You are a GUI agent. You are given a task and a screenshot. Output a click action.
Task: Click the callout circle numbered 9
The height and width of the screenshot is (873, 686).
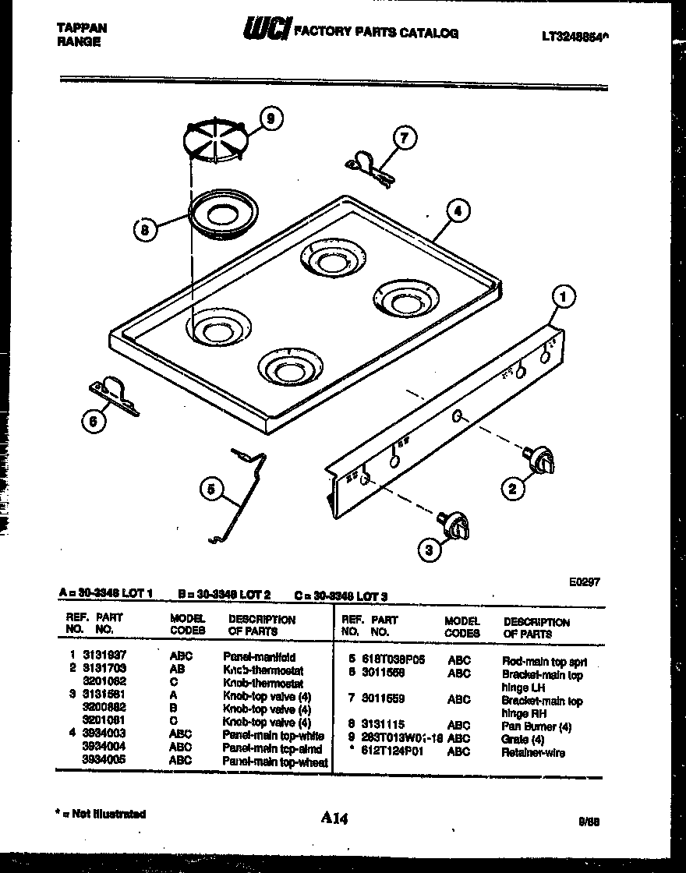coord(271,119)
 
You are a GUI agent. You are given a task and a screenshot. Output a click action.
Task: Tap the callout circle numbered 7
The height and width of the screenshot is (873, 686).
coord(404,139)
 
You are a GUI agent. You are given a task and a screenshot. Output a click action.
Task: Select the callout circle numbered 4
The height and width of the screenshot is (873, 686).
coord(458,210)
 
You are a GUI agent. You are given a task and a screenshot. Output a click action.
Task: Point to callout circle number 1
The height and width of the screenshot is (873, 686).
coord(563,296)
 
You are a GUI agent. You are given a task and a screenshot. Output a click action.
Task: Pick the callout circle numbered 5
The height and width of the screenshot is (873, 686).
coord(210,490)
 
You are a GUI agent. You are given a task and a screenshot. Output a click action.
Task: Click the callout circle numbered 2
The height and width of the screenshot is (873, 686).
coord(512,489)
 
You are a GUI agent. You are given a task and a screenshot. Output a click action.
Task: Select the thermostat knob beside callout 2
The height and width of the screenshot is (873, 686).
coord(539,459)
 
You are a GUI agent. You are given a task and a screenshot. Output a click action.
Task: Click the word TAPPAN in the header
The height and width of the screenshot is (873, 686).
coord(82,28)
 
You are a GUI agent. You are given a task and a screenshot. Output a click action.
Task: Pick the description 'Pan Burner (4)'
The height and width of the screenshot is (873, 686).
coord(537,726)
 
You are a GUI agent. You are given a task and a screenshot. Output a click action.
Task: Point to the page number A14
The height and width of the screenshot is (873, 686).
coord(334,818)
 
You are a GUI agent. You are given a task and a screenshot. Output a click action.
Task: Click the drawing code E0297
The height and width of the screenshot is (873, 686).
coord(585,581)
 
